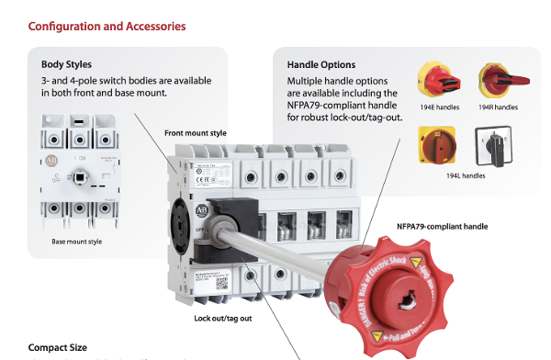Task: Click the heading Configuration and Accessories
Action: (x=107, y=26)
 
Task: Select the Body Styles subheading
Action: (x=66, y=64)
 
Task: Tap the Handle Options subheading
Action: (x=321, y=64)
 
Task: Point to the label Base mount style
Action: (x=77, y=242)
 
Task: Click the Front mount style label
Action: (x=196, y=133)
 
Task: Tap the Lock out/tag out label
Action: (x=223, y=318)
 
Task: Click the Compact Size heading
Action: (x=58, y=348)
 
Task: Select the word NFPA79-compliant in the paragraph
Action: (x=322, y=106)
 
